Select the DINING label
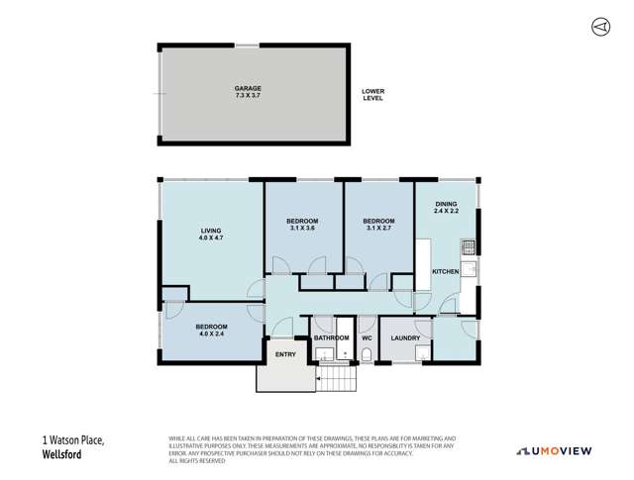click(447, 206)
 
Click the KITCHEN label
click(445, 270)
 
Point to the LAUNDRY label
click(404, 338)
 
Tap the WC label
click(366, 338)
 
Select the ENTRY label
click(285, 354)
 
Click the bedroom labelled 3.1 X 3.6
click(302, 224)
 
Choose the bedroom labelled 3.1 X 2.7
click(378, 224)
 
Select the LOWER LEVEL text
click(373, 95)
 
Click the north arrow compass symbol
click(599, 26)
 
